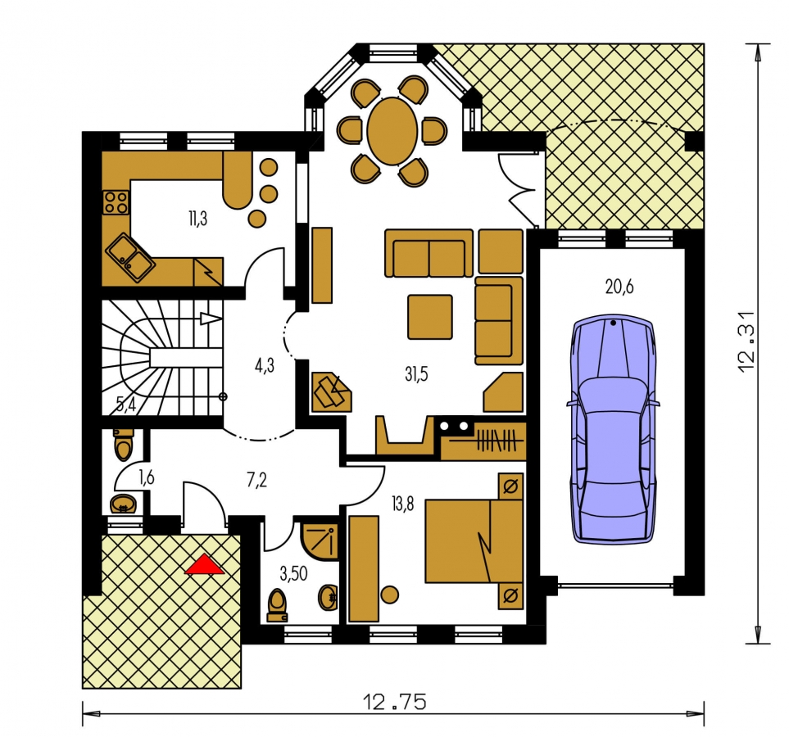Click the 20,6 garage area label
pos(619,287)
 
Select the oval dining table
pos(392,131)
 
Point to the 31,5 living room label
pos(416,373)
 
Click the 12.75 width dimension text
pos(394,702)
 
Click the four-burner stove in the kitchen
pos(116,202)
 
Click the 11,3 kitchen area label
pos(197,219)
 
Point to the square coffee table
pos(430,316)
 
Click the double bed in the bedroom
pos(474,540)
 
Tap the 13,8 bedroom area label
pos(402,504)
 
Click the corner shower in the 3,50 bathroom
pos(320,540)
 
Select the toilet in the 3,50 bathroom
pos(278,605)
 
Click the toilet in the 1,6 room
pos(123,445)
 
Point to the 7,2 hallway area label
pos(256,481)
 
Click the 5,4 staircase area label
pos(126,404)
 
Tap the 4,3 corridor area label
pos(264,366)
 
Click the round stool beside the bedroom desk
pos(389,595)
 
